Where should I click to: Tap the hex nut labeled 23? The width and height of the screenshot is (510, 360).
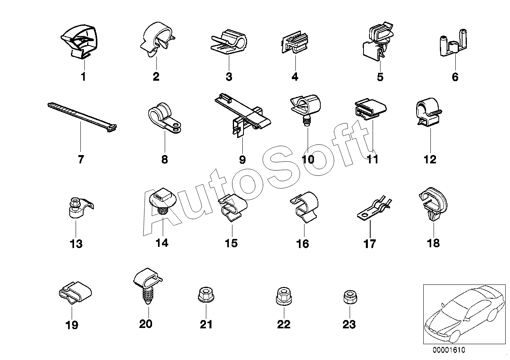tap(348, 297)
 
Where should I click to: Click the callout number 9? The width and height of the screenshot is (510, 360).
tap(242, 159)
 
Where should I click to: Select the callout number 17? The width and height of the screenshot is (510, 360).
tap(370, 243)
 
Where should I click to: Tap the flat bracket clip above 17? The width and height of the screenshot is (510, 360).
tap(373, 207)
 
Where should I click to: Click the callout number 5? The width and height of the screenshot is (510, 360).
tap(380, 77)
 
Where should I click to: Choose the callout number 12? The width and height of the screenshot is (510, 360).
tap(430, 159)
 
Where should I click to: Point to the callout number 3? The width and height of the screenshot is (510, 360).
tap(229, 77)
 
